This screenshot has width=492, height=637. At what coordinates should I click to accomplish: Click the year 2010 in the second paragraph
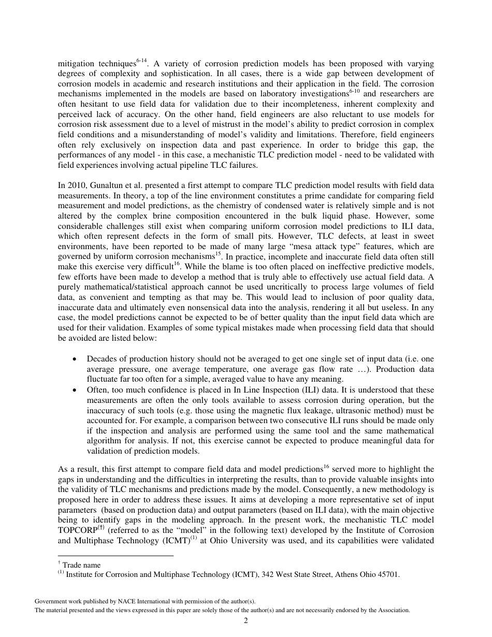click(75, 185)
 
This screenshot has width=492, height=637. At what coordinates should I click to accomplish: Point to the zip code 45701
click(388, 574)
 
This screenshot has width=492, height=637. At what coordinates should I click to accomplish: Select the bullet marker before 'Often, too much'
click(76, 389)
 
